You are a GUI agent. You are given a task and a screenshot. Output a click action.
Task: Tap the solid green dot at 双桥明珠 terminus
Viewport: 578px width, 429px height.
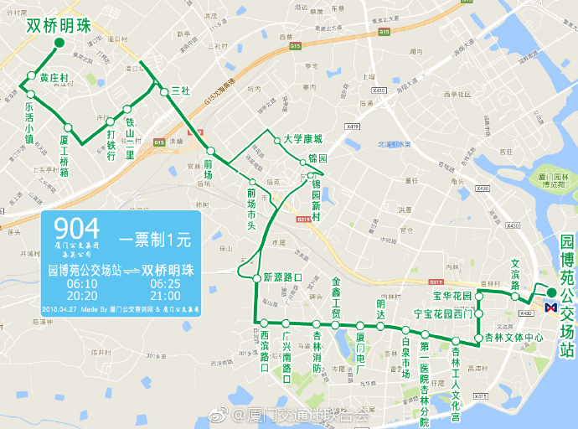[59, 44]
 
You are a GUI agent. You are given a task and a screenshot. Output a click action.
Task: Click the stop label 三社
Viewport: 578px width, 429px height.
[180, 90]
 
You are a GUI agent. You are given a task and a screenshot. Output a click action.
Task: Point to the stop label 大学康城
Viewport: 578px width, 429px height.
[302, 139]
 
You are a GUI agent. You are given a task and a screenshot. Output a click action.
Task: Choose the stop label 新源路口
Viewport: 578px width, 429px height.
[282, 277]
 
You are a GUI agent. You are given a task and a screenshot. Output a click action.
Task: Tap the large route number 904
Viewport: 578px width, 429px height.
[76, 228]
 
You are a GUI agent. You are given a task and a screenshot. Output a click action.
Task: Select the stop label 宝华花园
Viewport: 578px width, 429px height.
[452, 296]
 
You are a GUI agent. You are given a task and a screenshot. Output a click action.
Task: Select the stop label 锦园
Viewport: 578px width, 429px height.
[317, 158]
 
